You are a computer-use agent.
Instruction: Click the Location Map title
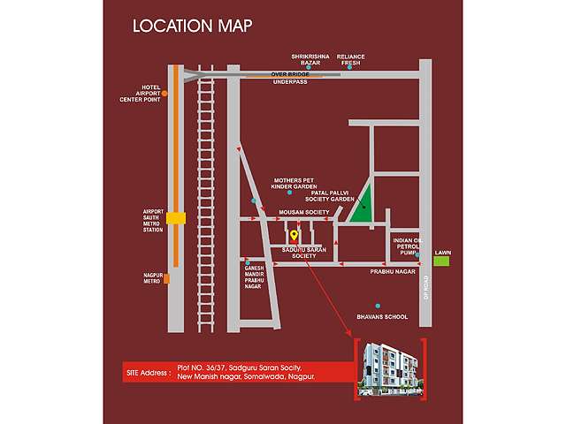point(192,26)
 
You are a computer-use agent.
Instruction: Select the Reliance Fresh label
point(350,61)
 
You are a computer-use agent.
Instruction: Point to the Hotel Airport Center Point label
point(142,94)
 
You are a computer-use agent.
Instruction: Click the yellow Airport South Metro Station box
point(177,217)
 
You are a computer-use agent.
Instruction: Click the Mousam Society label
point(303,213)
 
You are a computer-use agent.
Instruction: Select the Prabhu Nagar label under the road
point(393,273)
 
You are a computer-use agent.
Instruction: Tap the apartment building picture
point(389,367)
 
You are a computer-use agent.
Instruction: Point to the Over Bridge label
point(288,73)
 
